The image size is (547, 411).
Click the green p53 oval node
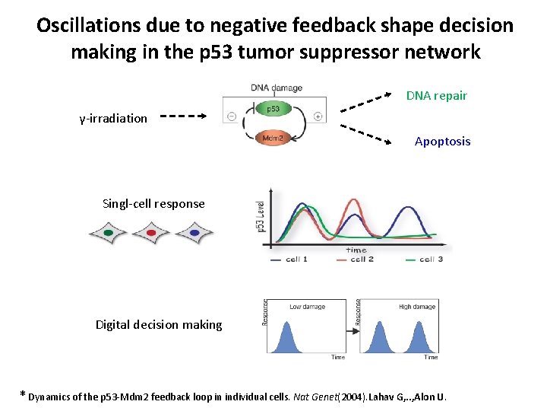(273, 109)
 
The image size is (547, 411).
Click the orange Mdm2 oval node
(273, 138)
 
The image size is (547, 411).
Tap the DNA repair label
(436, 96)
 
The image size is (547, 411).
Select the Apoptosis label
(442, 142)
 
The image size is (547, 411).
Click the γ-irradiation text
(114, 118)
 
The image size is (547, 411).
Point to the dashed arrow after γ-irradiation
(182, 117)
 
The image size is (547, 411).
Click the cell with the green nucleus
(108, 233)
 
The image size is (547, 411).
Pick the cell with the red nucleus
(150, 233)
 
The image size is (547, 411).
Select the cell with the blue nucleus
(194, 233)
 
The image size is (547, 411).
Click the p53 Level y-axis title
(261, 217)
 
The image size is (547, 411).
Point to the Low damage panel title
(308, 307)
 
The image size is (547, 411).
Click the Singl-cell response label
(153, 203)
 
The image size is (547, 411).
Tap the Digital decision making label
(159, 325)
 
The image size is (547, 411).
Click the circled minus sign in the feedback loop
(230, 116)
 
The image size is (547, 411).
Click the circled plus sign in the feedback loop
(317, 116)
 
